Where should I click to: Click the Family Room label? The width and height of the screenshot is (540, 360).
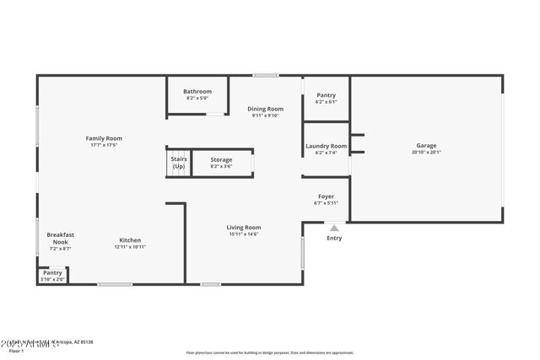click(x=104, y=138)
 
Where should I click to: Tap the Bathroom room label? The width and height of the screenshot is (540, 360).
click(x=198, y=91)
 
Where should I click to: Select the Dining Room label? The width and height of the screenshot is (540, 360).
click(x=265, y=109)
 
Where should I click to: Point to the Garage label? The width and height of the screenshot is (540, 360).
click(x=426, y=145)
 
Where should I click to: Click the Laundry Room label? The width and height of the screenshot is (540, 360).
click(x=326, y=146)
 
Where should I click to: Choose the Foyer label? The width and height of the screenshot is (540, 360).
click(x=326, y=196)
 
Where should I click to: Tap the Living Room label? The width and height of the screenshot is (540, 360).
click(x=243, y=227)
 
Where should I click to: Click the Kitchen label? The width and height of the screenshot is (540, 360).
click(x=130, y=240)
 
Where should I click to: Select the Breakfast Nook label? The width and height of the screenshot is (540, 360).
click(x=61, y=238)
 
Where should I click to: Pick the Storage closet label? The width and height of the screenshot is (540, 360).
click(x=221, y=159)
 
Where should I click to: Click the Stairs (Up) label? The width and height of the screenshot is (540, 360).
click(x=178, y=163)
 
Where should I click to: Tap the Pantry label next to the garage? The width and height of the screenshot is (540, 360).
click(x=326, y=95)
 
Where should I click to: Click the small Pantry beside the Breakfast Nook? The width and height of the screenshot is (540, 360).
click(x=52, y=272)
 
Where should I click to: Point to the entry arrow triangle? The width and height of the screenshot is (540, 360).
click(x=334, y=228)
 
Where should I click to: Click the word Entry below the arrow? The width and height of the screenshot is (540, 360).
click(x=335, y=239)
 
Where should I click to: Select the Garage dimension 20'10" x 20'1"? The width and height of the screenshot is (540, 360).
click(x=426, y=153)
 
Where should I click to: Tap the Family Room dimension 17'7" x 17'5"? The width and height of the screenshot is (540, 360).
click(x=104, y=145)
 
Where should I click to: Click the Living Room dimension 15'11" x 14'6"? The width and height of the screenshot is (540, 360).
click(x=243, y=234)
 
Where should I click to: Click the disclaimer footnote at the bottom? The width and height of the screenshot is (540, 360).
click(x=270, y=352)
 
